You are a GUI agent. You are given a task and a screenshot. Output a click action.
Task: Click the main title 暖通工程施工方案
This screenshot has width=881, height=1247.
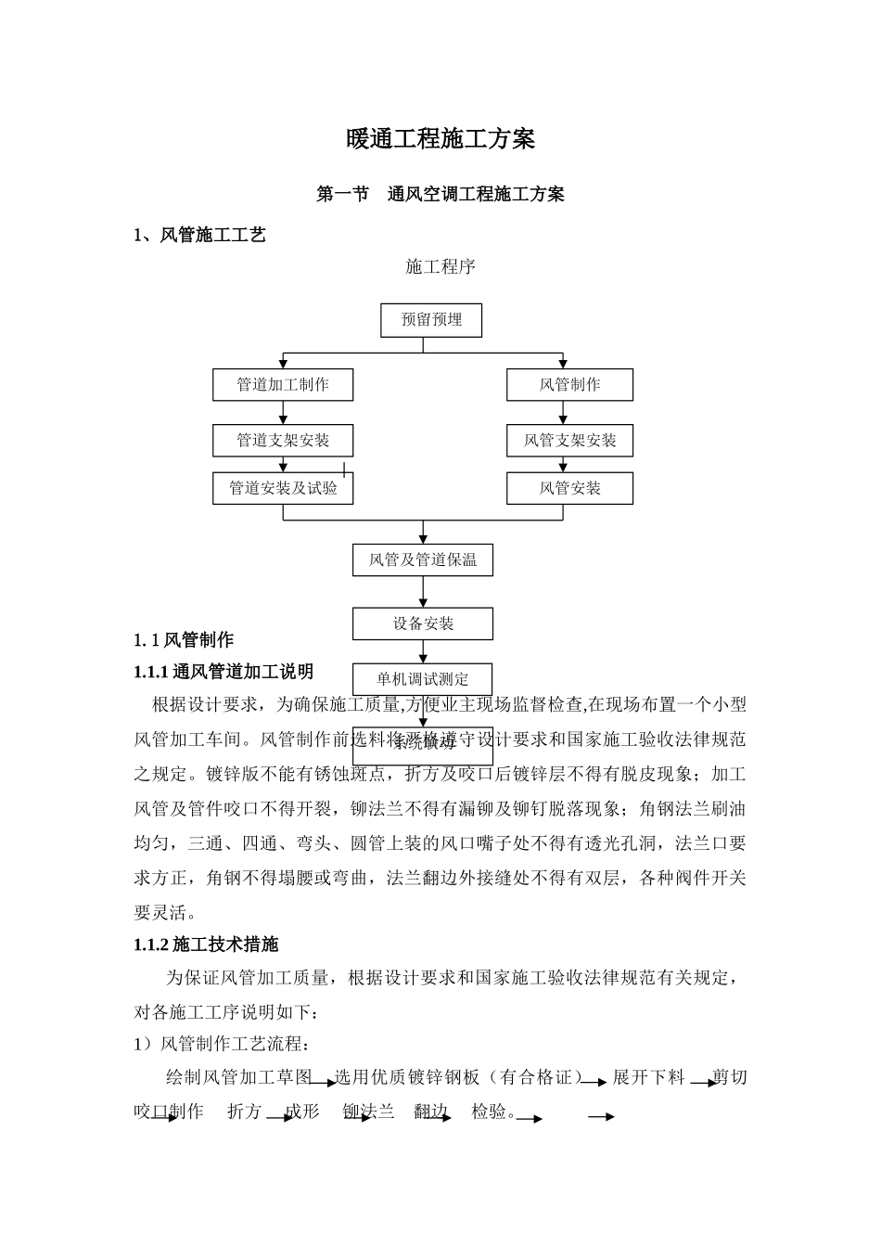pos(440,139)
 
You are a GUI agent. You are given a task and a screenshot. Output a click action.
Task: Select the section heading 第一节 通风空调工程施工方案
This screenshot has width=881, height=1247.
pos(440,194)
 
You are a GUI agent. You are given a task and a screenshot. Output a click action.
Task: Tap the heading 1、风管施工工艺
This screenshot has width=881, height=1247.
pos(199,235)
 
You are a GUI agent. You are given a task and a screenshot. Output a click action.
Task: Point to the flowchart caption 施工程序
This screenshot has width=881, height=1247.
pos(440,267)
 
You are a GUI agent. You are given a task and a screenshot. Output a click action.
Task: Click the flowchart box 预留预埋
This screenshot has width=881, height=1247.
pos(431,320)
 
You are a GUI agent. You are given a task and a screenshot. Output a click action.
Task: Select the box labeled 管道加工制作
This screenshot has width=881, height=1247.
pos(283,385)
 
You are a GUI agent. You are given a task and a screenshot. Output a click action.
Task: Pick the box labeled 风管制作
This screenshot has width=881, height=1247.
pos(569,385)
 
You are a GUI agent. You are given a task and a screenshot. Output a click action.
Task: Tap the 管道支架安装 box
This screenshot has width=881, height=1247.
pos(283,441)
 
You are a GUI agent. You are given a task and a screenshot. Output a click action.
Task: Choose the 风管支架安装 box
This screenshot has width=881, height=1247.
pos(569,441)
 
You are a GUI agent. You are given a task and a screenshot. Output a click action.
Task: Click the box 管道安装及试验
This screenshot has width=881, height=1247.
pos(283,488)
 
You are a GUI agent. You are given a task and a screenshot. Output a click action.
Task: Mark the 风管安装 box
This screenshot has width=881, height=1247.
pos(569,488)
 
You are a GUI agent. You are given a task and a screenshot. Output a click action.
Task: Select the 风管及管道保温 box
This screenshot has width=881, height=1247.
pos(423,560)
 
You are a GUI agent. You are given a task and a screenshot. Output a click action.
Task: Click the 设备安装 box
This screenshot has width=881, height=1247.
pos(423,623)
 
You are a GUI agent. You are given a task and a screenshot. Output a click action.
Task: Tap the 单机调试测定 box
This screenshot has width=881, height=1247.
pos(423,679)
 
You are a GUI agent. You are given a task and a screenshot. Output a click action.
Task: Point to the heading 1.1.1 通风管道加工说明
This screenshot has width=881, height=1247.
pos(223,672)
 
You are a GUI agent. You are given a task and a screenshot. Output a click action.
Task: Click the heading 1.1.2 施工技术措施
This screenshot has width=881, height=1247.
pos(206,945)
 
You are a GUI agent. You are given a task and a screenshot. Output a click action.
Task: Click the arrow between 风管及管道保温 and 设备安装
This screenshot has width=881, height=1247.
pos(423,592)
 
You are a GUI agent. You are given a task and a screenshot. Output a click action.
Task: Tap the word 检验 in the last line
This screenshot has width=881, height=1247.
pos(489,1111)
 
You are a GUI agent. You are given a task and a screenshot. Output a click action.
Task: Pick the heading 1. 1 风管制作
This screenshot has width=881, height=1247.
pos(184,639)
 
